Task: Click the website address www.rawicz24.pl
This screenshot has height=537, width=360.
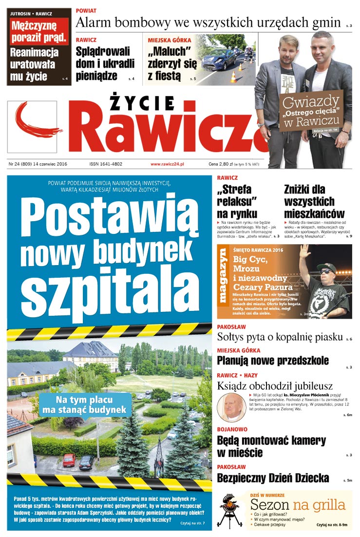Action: tap(170, 164)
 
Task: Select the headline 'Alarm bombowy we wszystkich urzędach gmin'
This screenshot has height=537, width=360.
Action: tap(208, 22)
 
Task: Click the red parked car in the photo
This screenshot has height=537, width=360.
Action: tap(69, 460)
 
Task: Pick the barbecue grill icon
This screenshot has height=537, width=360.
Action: tap(230, 510)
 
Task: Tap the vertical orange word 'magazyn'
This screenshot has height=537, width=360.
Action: tap(223, 277)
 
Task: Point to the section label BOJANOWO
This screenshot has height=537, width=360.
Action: tap(232, 429)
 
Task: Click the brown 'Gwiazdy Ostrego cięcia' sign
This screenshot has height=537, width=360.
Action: tap(310, 111)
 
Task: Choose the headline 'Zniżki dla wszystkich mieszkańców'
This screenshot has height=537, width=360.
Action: tap(314, 201)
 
